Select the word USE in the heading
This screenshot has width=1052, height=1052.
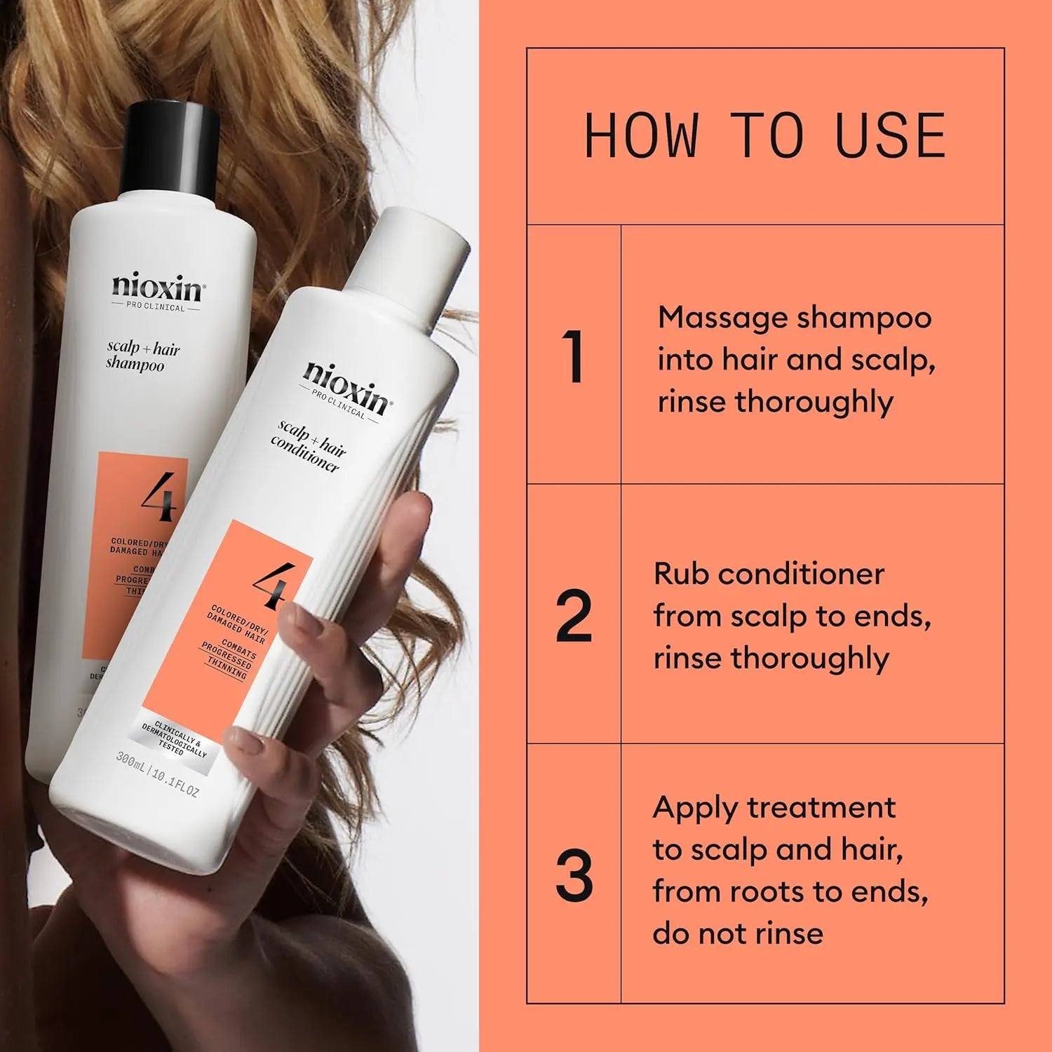point(890,136)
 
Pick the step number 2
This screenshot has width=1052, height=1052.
point(574,617)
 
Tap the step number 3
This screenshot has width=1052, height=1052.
point(574,876)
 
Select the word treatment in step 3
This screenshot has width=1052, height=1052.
point(821,808)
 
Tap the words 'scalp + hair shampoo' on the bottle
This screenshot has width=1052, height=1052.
point(143,356)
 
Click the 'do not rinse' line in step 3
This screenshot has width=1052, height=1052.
point(738,933)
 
